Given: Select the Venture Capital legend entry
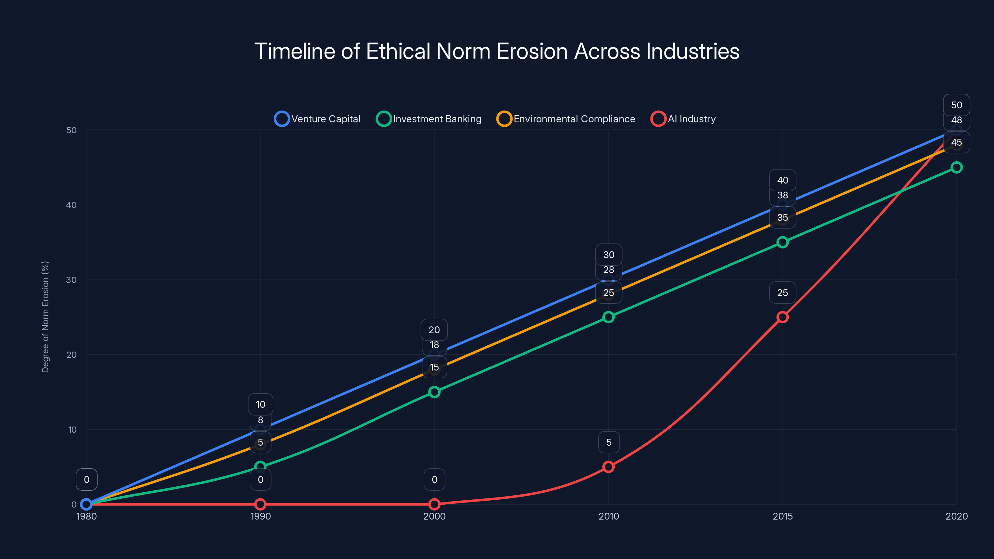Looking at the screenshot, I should point(317,119).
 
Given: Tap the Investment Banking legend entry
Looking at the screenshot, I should point(429,119).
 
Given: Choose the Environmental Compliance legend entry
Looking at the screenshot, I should point(566,119).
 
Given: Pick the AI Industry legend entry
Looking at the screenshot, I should point(683,119).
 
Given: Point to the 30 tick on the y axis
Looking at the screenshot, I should point(71,280).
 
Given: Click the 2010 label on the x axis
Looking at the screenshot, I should point(609,516).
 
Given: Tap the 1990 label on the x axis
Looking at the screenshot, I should point(261,516).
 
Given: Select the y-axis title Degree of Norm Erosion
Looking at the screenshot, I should point(45,317).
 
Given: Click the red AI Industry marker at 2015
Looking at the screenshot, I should point(782,317).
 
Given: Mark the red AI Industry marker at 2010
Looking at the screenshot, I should point(609,467).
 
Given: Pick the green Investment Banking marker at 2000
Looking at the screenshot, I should point(435,392).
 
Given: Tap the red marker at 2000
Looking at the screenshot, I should point(435,504).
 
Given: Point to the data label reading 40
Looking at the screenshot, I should point(782,180).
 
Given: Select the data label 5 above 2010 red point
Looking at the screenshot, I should point(609,442).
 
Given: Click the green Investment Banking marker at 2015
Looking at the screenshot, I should point(782,242).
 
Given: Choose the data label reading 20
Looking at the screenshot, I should point(434,330).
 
